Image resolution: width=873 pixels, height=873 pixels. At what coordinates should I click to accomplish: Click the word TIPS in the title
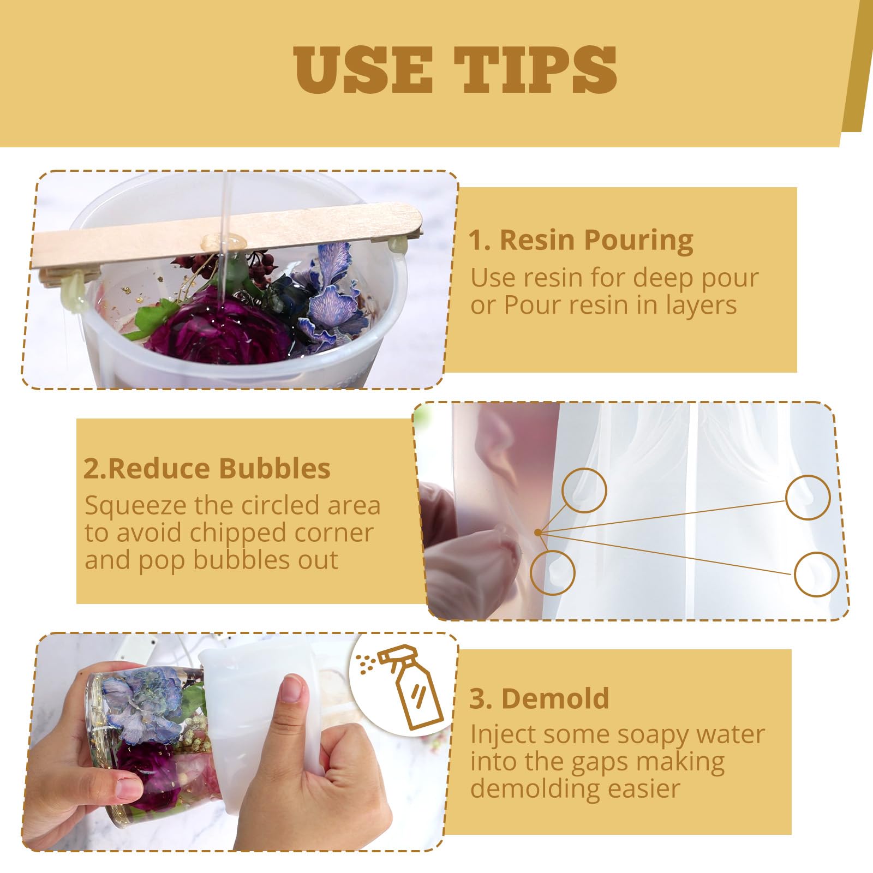(536, 69)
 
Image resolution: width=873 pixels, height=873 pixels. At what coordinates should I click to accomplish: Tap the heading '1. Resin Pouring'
(581, 240)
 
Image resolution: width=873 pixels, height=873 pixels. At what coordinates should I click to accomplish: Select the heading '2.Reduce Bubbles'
(207, 468)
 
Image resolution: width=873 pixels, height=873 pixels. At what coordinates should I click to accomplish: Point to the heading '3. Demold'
(539, 698)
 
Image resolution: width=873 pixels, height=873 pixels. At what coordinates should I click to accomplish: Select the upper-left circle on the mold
(584, 490)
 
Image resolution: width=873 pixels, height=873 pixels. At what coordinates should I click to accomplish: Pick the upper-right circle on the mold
(808, 497)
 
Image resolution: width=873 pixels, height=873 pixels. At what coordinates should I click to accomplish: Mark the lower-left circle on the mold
(553, 572)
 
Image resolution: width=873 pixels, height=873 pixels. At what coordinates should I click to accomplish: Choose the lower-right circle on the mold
(816, 574)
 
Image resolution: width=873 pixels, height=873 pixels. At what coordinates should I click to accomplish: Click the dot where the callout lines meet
(539, 532)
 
